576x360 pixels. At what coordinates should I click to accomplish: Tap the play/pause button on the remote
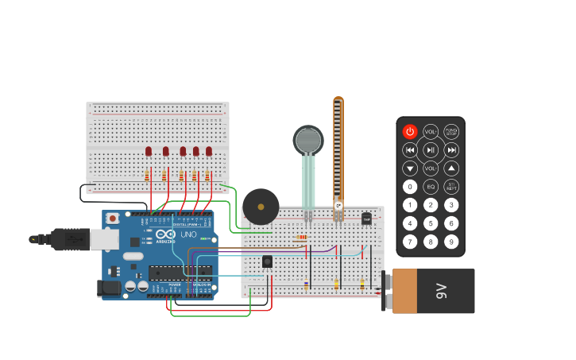coord(431,149)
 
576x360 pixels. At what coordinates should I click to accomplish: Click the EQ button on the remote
coord(431,187)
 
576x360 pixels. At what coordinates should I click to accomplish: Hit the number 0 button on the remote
coord(410,187)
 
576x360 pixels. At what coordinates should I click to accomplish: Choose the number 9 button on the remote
coord(451,241)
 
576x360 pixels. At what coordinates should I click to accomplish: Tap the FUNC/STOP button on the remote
coord(451,131)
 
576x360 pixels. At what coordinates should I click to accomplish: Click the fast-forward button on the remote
coord(451,149)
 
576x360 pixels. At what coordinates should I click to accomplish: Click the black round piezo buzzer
coord(261,207)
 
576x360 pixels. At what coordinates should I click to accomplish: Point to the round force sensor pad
coord(308,141)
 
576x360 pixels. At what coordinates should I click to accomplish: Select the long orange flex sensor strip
coord(338,151)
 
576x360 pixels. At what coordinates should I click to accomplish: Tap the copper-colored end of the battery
coord(405,291)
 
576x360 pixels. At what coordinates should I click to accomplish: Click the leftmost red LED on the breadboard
coord(149,151)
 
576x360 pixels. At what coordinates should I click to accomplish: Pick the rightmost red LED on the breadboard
coord(209,151)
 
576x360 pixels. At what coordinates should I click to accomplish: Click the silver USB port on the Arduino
coord(104,238)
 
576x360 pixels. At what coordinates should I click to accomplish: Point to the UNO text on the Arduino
coord(189,234)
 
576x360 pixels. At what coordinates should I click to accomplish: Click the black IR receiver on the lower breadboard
coord(267,261)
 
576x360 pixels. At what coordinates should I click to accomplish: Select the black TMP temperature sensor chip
coord(366,218)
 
